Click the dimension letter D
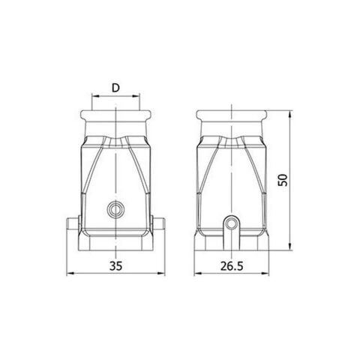click(x=115, y=88)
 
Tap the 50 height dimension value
click(x=282, y=180)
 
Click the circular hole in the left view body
click(x=115, y=209)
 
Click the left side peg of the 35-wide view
click(x=73, y=224)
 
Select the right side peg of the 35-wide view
click(x=159, y=224)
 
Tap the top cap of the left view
click(x=115, y=118)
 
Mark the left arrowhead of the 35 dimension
click(x=70, y=273)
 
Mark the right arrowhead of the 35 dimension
click(x=161, y=273)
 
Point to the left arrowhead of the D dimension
click(x=94, y=97)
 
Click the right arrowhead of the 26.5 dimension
click(x=267, y=273)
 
